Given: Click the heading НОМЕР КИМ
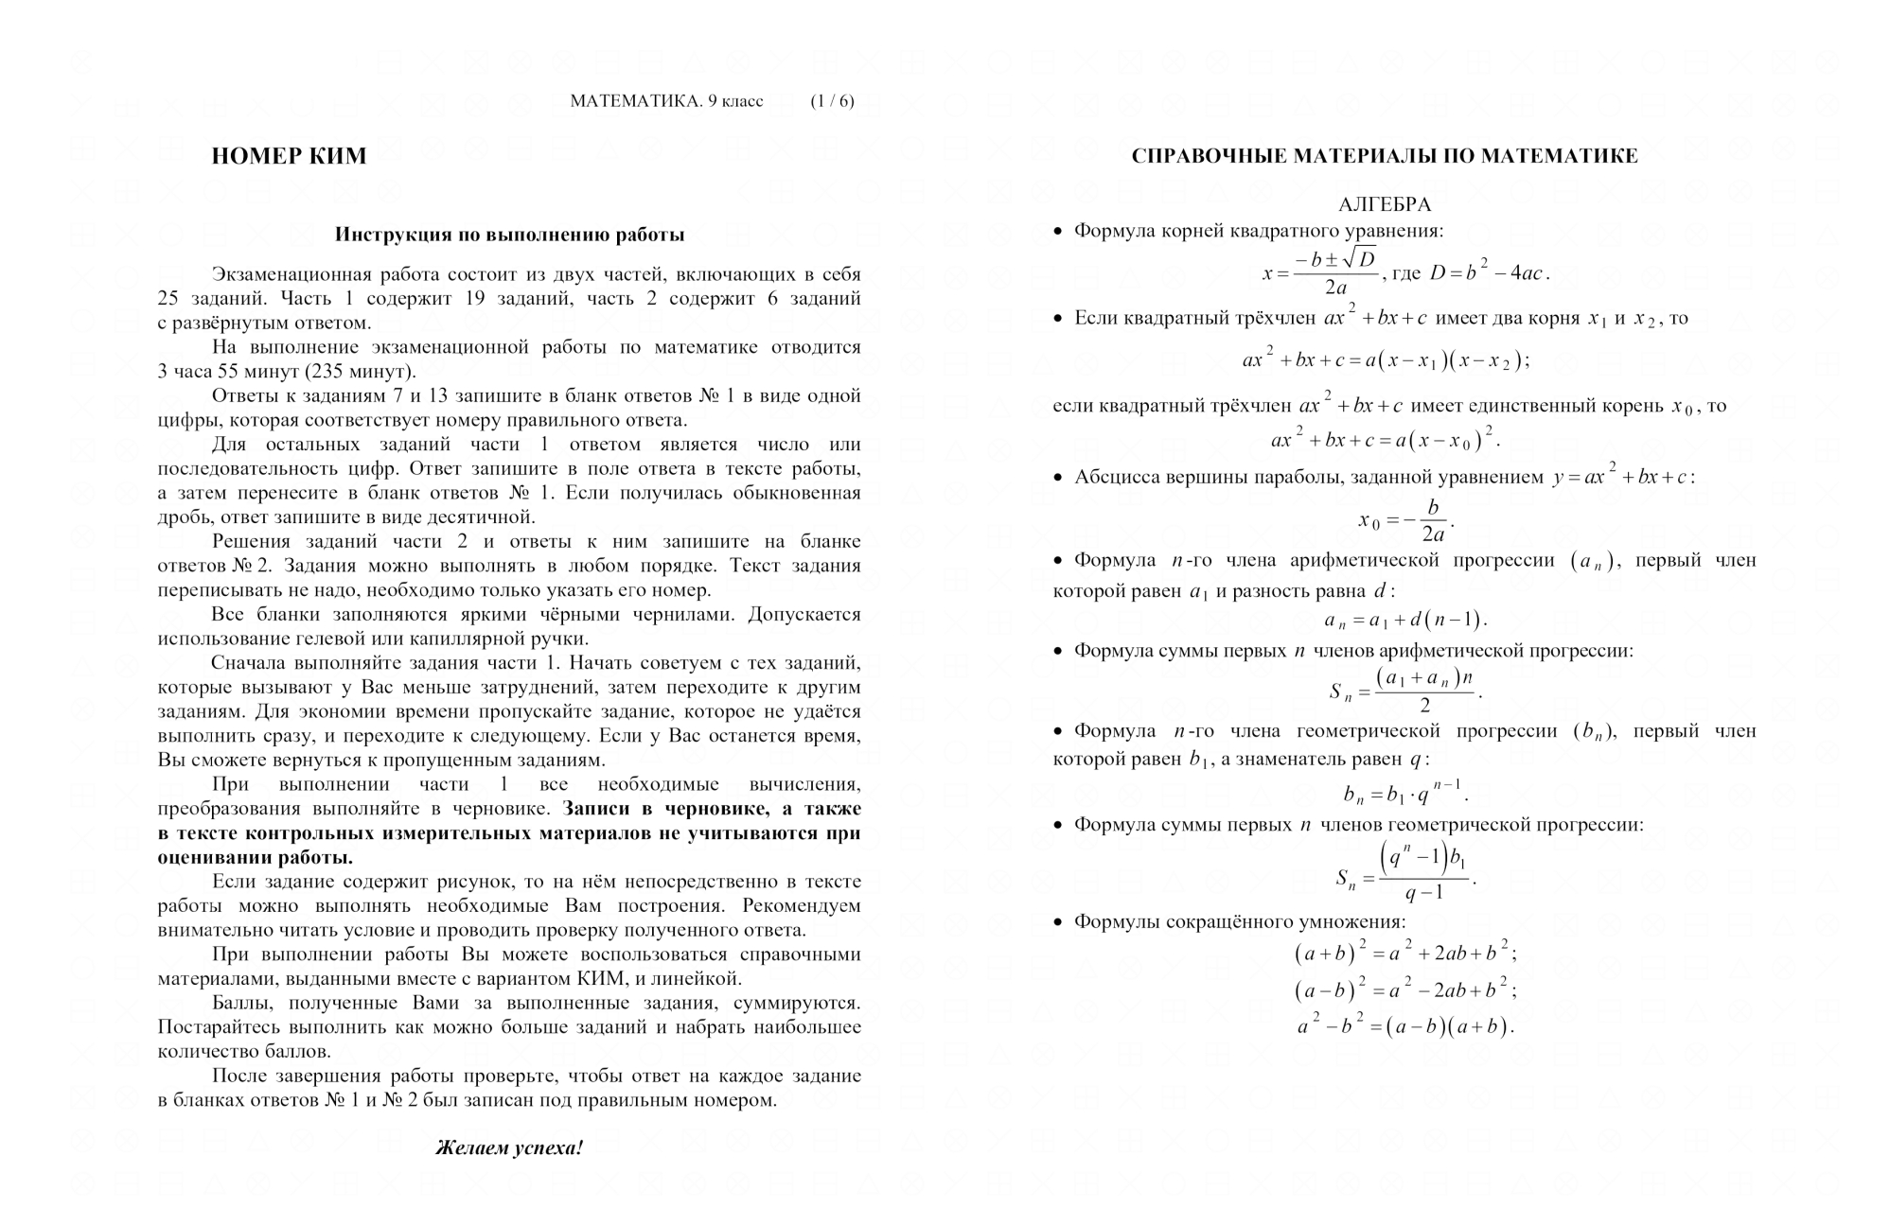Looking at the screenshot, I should (x=289, y=156).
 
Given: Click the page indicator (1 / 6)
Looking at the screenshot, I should (x=832, y=101).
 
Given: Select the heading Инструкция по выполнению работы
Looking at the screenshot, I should (x=509, y=235).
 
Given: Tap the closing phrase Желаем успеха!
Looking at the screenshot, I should (x=509, y=1148).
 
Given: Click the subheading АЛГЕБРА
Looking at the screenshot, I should (x=1384, y=204).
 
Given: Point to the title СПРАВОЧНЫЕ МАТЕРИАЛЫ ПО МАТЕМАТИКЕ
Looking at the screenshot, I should (x=1384, y=156).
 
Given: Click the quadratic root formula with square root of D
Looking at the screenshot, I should (x=1320, y=272).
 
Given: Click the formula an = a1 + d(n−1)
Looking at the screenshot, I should (x=1405, y=621).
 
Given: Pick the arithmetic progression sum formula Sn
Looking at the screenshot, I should (x=1405, y=692).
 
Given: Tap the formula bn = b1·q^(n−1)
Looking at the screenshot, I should (x=1405, y=793).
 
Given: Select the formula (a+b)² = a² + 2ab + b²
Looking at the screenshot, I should (x=1405, y=954).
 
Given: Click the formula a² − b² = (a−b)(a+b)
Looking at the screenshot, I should (x=1405, y=1026).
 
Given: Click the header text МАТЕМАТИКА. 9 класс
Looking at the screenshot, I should (x=666, y=101).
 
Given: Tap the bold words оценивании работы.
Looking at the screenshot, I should (x=255, y=858).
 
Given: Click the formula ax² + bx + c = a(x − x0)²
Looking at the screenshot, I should (x=1385, y=440).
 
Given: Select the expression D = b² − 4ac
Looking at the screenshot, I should (x=1488, y=273).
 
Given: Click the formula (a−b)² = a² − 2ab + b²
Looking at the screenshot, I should (x=1405, y=990).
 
